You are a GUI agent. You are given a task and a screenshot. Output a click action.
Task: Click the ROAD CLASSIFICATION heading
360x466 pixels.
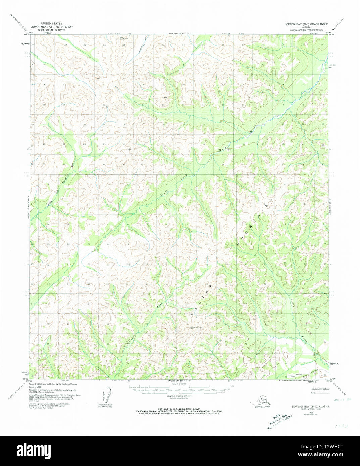[x=320, y=389]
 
